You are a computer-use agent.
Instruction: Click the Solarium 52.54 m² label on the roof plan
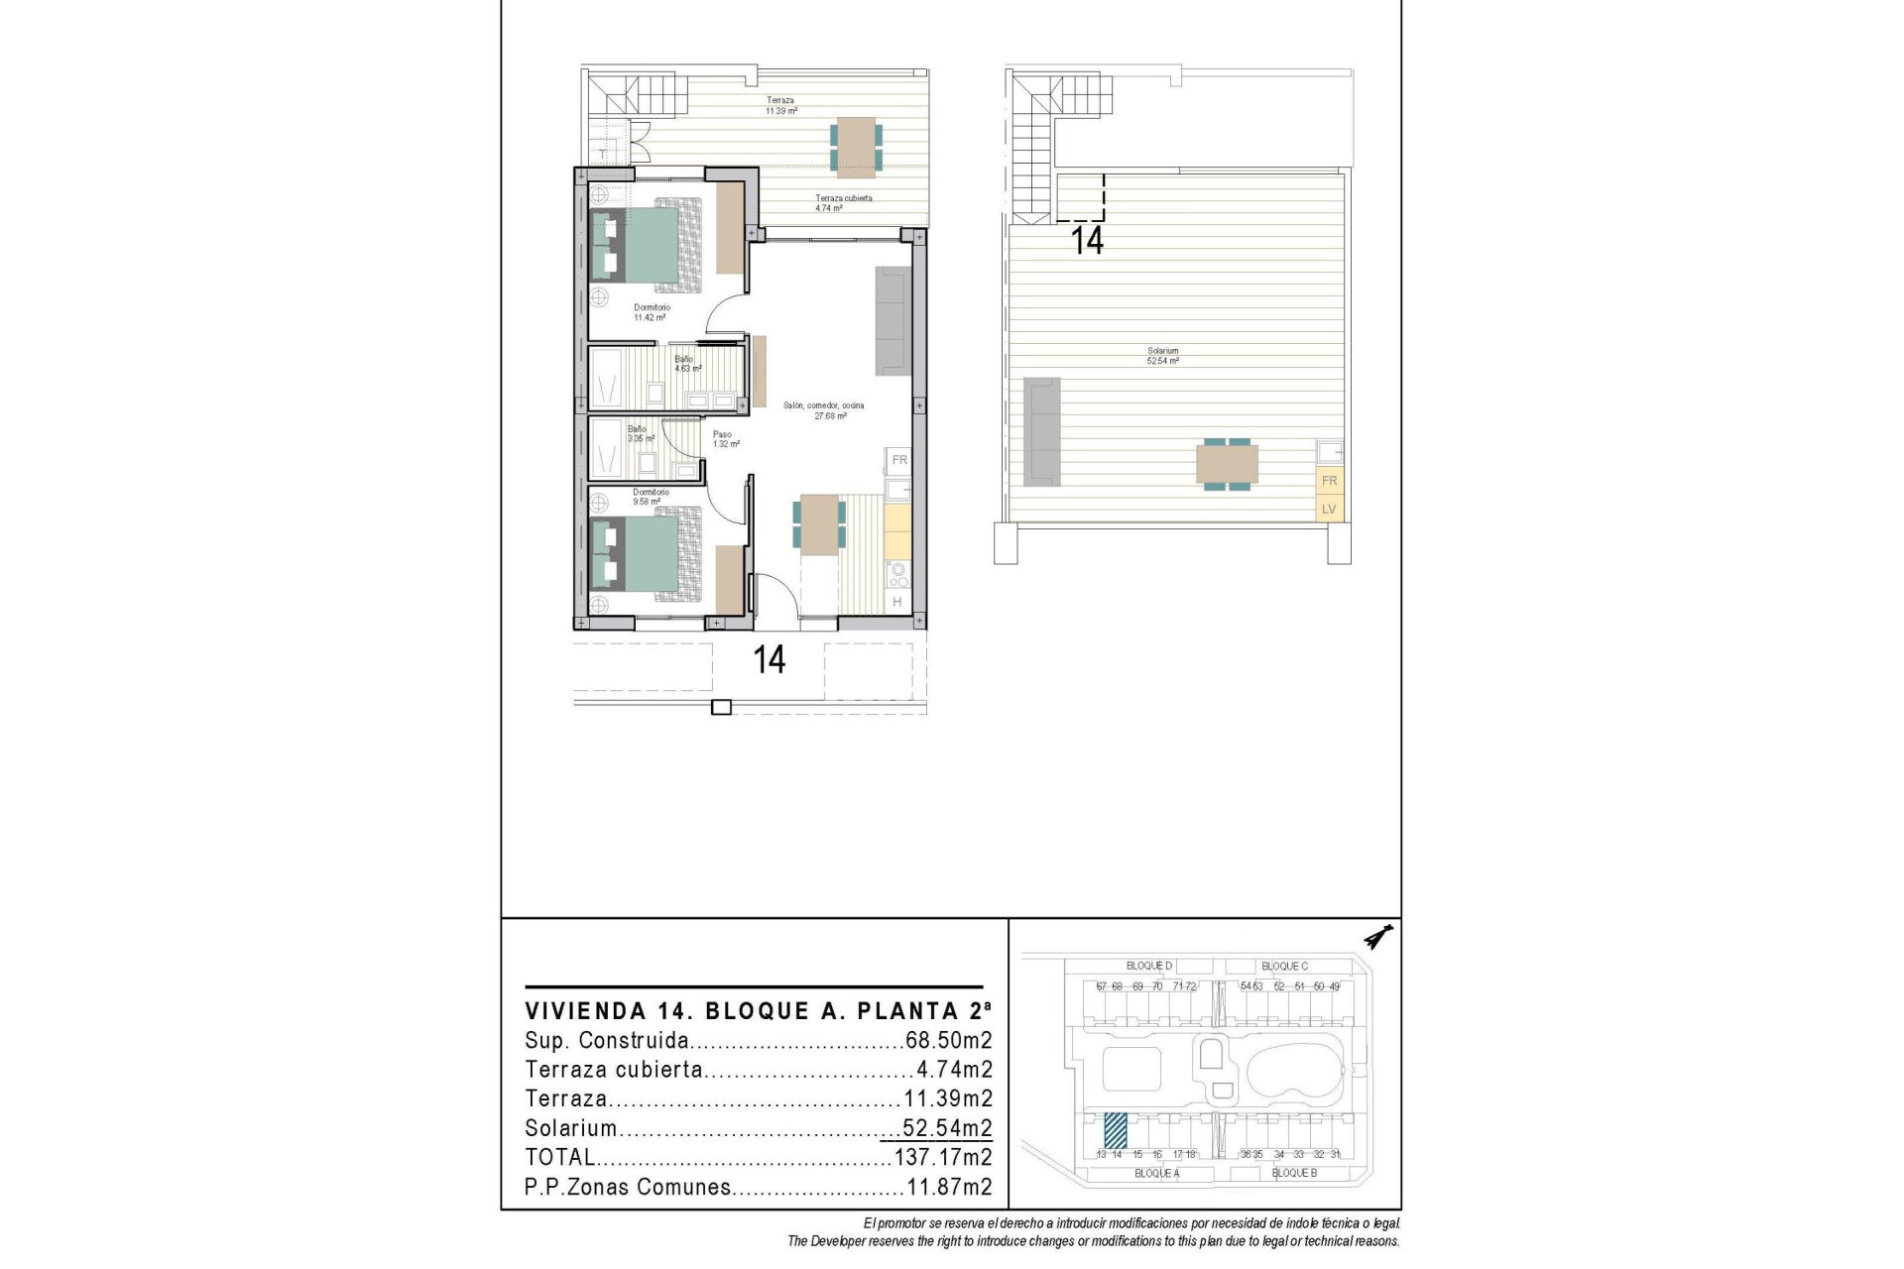[1163, 356]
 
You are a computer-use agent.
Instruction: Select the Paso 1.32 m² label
[725, 439]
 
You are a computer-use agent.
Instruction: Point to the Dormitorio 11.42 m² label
[652, 312]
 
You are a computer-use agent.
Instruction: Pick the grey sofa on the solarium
[1041, 431]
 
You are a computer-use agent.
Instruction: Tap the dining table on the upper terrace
[856, 147]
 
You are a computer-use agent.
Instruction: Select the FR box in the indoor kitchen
[899, 460]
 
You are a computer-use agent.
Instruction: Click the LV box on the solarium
[1330, 510]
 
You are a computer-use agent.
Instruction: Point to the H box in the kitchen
[897, 602]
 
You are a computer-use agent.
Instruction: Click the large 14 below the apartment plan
[770, 659]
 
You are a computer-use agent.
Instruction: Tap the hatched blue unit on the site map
[1116, 1130]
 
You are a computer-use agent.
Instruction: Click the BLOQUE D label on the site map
[1148, 966]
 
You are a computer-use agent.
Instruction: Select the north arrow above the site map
[1378, 936]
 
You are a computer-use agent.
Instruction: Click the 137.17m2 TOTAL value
[942, 1157]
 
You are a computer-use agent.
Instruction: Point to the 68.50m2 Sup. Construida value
[948, 1041]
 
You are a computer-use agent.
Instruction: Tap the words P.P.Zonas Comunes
[628, 1187]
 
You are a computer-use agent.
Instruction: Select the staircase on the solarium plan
[1035, 149]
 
